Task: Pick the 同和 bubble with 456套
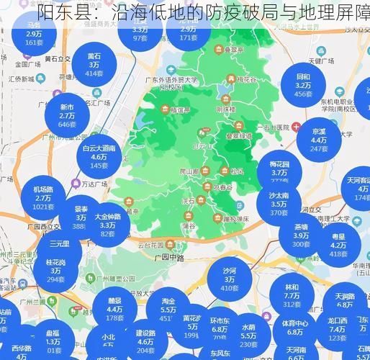coord(303,85)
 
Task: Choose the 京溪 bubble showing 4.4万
coord(319,140)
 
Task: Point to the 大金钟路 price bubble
coord(109,225)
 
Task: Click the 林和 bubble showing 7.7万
coord(291,295)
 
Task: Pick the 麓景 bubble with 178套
coord(114,310)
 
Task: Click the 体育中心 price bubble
coord(294,328)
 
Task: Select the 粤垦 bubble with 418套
coord(338,244)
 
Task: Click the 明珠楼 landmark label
coord(227,109)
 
